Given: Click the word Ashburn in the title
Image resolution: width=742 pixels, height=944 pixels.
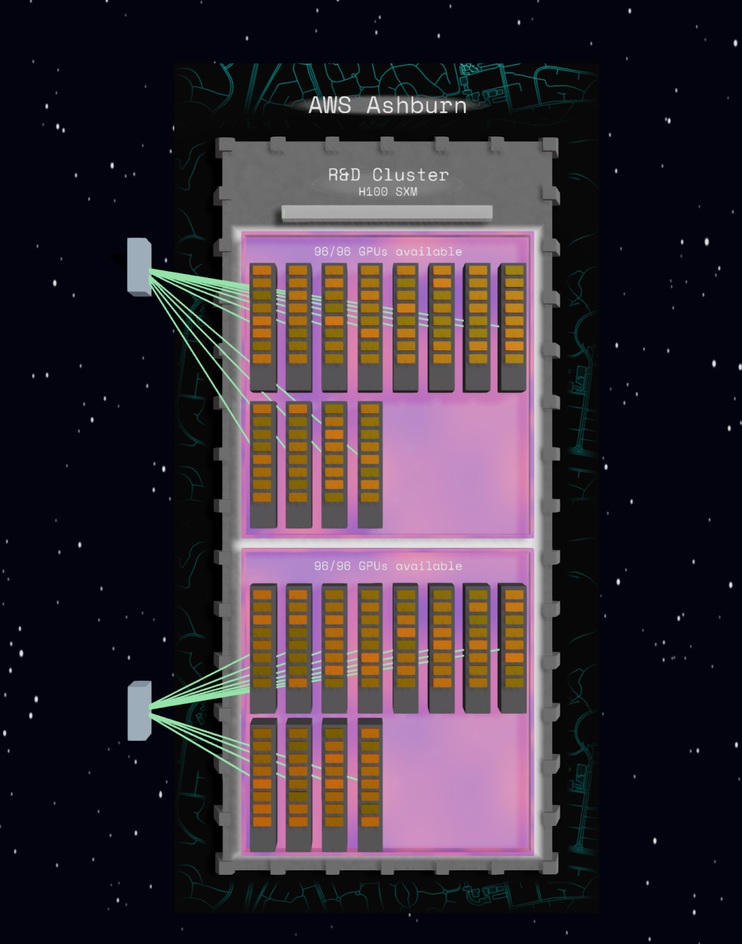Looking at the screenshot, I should [x=416, y=106].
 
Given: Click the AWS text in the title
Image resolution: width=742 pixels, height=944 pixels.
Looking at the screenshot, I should [x=329, y=106].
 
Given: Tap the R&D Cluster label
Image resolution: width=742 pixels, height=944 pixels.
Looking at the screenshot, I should [x=388, y=175].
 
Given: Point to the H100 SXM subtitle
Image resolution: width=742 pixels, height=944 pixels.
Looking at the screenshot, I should [x=388, y=192].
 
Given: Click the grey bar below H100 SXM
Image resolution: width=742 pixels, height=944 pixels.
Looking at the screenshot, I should [x=387, y=213].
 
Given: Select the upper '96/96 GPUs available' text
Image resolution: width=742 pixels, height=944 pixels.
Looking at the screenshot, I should [x=388, y=251].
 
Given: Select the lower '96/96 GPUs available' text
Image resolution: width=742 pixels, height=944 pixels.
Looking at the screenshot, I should [x=388, y=566].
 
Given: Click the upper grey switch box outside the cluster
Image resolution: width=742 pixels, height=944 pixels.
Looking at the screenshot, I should [x=139, y=267].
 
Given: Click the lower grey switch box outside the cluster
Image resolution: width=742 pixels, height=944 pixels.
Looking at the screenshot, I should [x=139, y=710].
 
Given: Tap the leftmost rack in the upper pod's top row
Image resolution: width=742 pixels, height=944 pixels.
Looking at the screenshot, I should [x=263, y=327].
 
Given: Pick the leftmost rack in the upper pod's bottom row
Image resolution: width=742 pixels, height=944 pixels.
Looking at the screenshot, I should [x=263, y=465].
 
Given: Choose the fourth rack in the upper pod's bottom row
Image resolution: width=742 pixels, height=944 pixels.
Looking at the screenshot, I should [x=370, y=465].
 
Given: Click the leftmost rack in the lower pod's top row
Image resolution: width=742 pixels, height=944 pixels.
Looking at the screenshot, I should [x=263, y=648].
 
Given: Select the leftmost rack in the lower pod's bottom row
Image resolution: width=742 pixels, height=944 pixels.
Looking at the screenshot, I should [x=263, y=785].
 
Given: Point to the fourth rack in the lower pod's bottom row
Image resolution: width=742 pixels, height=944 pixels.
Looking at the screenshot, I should [x=370, y=785].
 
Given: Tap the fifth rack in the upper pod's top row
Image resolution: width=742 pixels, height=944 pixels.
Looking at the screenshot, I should [x=406, y=327].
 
